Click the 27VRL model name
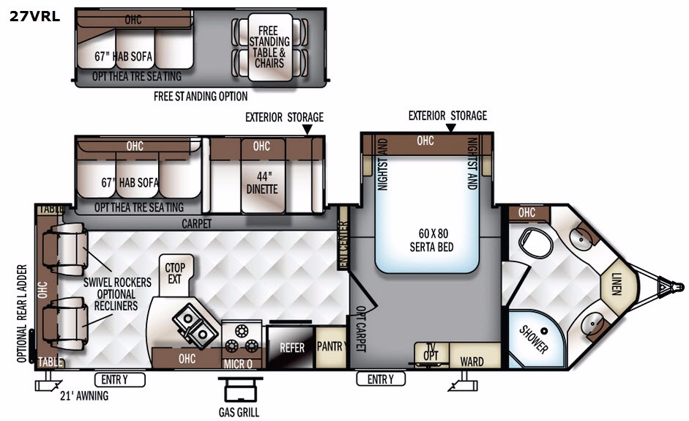34,16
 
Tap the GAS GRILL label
239,412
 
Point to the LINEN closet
618,283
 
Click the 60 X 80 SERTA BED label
431,240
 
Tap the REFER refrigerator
291,348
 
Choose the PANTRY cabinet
331,347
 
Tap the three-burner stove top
241,339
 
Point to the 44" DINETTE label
262,183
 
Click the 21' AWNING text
84,396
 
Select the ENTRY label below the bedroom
381,379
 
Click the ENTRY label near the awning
119,379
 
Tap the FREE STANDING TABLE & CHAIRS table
269,47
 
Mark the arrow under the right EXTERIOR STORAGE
450,128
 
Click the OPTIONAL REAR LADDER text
22,314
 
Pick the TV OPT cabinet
431,354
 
